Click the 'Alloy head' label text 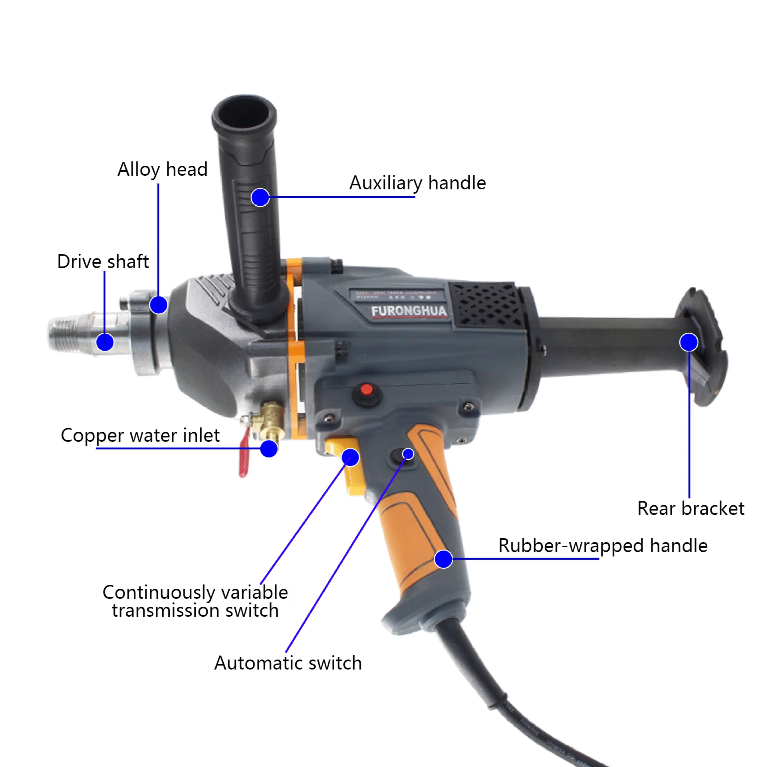pyautogui.click(x=162, y=169)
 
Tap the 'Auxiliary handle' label pyautogui.click(x=417, y=183)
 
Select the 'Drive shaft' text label pyautogui.click(x=103, y=262)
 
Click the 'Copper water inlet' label pyautogui.click(x=140, y=435)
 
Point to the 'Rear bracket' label pyautogui.click(x=691, y=509)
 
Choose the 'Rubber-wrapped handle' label pyautogui.click(x=603, y=546)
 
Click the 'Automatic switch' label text pyautogui.click(x=288, y=663)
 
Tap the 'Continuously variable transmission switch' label pyautogui.click(x=195, y=601)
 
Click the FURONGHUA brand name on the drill pyautogui.click(x=408, y=311)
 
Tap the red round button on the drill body pyautogui.click(x=366, y=389)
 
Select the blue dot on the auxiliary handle pyautogui.click(x=260, y=197)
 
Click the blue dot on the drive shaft pyautogui.click(x=105, y=342)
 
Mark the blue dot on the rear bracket pyautogui.click(x=689, y=342)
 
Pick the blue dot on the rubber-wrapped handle pyautogui.click(x=443, y=559)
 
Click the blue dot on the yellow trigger pyautogui.click(x=350, y=457)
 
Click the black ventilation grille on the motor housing pyautogui.click(x=485, y=306)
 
